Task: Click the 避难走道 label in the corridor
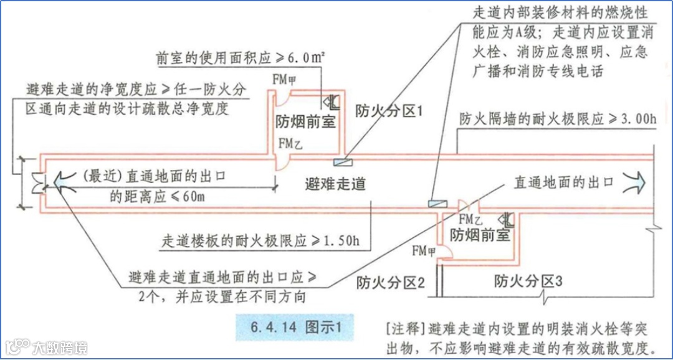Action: click(335, 184)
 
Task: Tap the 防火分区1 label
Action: click(389, 112)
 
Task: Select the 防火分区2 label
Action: click(391, 283)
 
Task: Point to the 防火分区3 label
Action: click(528, 281)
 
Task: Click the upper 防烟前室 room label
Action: click(305, 121)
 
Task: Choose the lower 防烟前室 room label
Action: click(480, 235)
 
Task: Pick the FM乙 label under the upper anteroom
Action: click(290, 143)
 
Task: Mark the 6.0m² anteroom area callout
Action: click(305, 59)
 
